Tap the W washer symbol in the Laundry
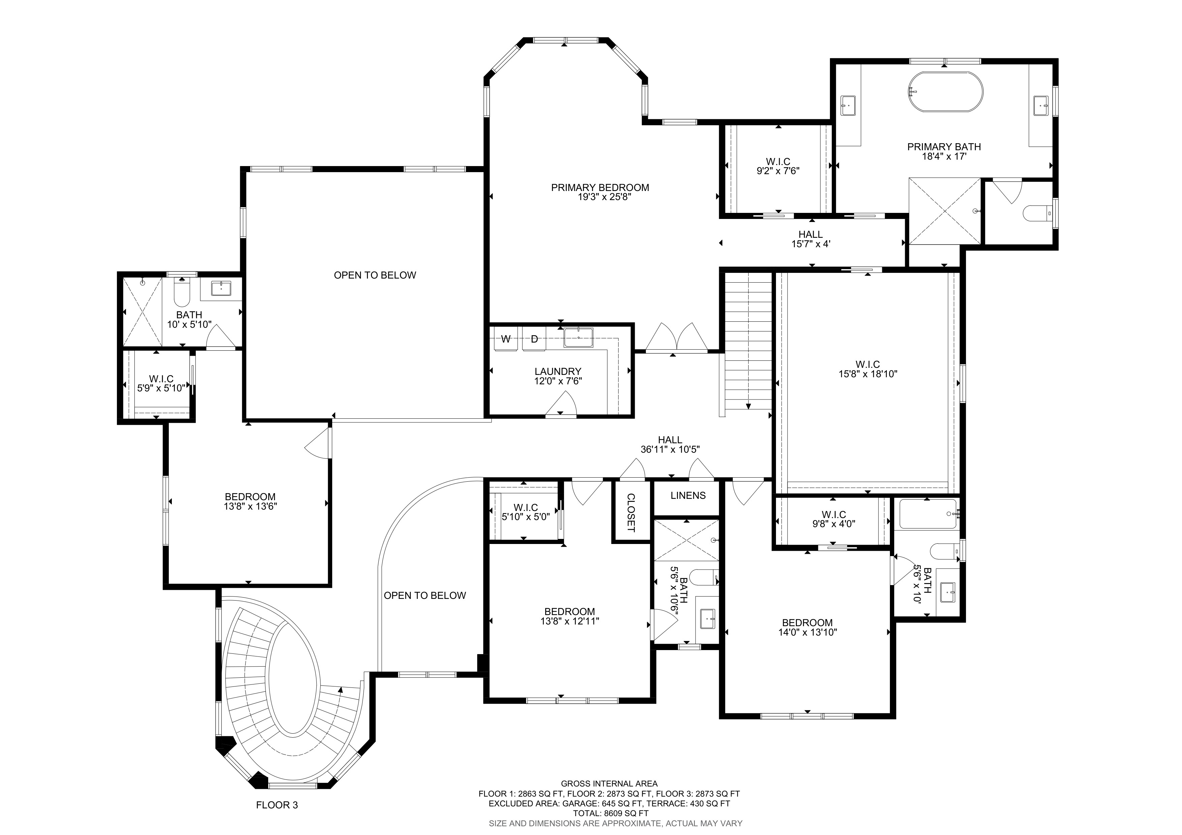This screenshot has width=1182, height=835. pos(506,339)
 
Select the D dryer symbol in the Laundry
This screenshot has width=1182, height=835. pos(534,339)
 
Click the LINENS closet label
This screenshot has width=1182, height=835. pos(688,495)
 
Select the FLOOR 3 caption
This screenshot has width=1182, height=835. pos(277,805)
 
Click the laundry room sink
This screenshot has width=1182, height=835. pos(578,338)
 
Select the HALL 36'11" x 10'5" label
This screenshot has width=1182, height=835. pos(670,445)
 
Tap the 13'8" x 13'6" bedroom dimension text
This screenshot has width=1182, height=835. pos(250,506)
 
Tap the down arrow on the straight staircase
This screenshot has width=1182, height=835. pos(748,406)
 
